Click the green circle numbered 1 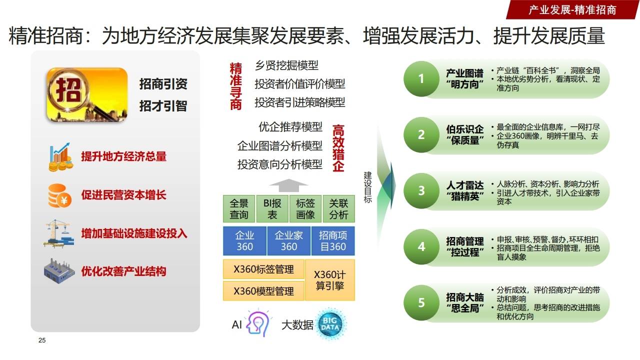421,78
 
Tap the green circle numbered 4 421,246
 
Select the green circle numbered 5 421,302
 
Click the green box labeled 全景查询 239,209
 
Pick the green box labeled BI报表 272,209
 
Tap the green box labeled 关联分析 338,209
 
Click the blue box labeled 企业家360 288,241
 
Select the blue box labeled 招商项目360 332,241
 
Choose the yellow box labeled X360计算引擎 329,280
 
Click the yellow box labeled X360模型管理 263,291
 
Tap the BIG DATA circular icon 331,324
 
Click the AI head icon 258,324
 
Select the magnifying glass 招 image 86,94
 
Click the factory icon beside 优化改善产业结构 59,271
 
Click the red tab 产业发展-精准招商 572,9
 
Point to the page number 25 42,340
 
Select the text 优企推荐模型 290,127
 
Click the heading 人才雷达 464,185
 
